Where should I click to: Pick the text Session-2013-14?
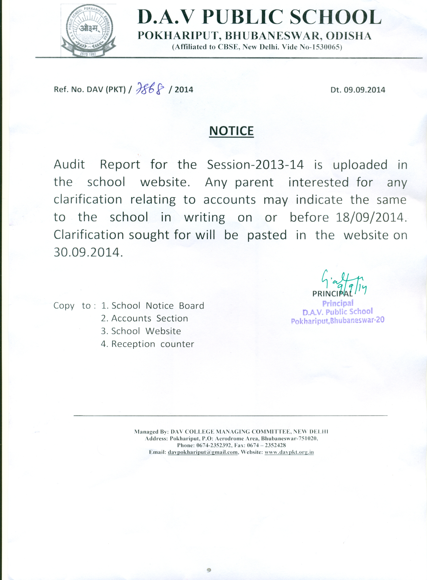(255, 165)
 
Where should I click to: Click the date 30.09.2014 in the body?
(87, 252)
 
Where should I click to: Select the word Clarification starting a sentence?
(89, 235)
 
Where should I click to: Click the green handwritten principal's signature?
(341, 281)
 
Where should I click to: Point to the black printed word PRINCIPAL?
(332, 294)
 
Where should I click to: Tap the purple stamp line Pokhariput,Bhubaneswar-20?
(338, 321)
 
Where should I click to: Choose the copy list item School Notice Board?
(158, 306)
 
